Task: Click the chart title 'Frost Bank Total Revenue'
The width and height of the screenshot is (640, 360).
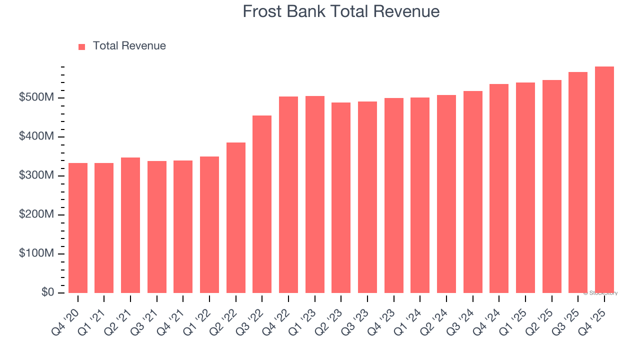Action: pyautogui.click(x=341, y=11)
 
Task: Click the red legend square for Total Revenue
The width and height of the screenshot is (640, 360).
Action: pyautogui.click(x=82, y=46)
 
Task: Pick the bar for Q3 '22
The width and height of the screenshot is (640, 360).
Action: pyautogui.click(x=262, y=204)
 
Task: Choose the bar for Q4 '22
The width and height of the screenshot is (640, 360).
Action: pyautogui.click(x=288, y=195)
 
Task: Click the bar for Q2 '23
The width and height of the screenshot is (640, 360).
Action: pyautogui.click(x=341, y=198)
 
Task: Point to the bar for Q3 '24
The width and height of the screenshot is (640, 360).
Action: pyautogui.click(x=473, y=192)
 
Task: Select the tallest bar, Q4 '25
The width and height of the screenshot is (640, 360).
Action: pyautogui.click(x=604, y=180)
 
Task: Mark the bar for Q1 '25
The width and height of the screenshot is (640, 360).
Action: pyautogui.click(x=525, y=188)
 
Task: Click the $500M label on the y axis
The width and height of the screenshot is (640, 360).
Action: pyautogui.click(x=36, y=97)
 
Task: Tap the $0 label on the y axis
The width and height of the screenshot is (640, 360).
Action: pyautogui.click(x=48, y=292)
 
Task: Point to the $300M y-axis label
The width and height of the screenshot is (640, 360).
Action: pyautogui.click(x=36, y=175)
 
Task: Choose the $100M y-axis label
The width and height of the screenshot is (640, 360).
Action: pyautogui.click(x=36, y=253)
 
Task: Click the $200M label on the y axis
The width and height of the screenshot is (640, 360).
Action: pyautogui.click(x=36, y=214)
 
